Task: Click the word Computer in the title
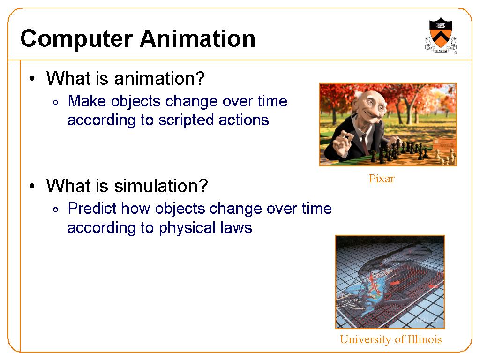point(76,39)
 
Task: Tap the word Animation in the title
point(197,38)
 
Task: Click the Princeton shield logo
point(441,35)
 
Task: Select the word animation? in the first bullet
point(159,79)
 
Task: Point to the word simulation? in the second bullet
point(161,186)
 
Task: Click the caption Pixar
point(382,179)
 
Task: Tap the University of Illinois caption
point(390,339)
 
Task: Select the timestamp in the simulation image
point(427,320)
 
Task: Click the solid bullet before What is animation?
point(32,79)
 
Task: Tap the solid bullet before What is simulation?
point(32,186)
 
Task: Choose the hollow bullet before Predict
point(55,210)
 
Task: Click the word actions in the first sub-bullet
point(244,120)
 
